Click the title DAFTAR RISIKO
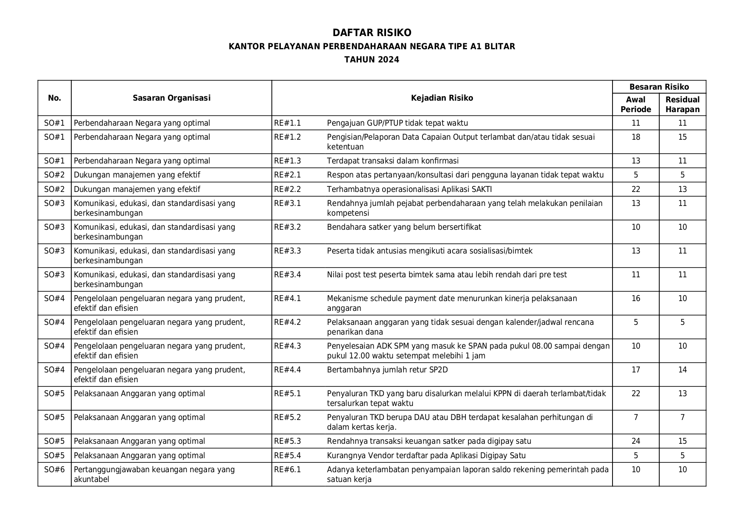pos(372,33)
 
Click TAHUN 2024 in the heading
pos(372,59)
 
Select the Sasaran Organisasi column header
pos(171,98)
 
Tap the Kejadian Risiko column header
pos(442,98)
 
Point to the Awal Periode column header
pos(635,104)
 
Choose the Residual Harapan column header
pos(682,104)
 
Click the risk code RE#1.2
pos(287,137)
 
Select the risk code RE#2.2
pos(287,189)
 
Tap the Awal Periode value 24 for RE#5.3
pos(635,441)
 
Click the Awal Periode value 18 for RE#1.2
pos(635,137)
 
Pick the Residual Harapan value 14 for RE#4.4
pos(682,370)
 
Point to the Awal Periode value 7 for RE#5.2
pos(635,417)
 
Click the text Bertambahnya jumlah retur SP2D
pos(387,370)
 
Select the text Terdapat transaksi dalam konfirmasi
pos(393,161)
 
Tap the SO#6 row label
pos(54,470)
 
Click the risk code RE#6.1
pos(287,470)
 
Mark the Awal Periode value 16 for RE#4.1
pos(635,299)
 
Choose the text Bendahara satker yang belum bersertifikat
pos(404,227)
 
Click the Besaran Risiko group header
pos(659,87)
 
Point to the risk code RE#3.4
pos(287,275)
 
